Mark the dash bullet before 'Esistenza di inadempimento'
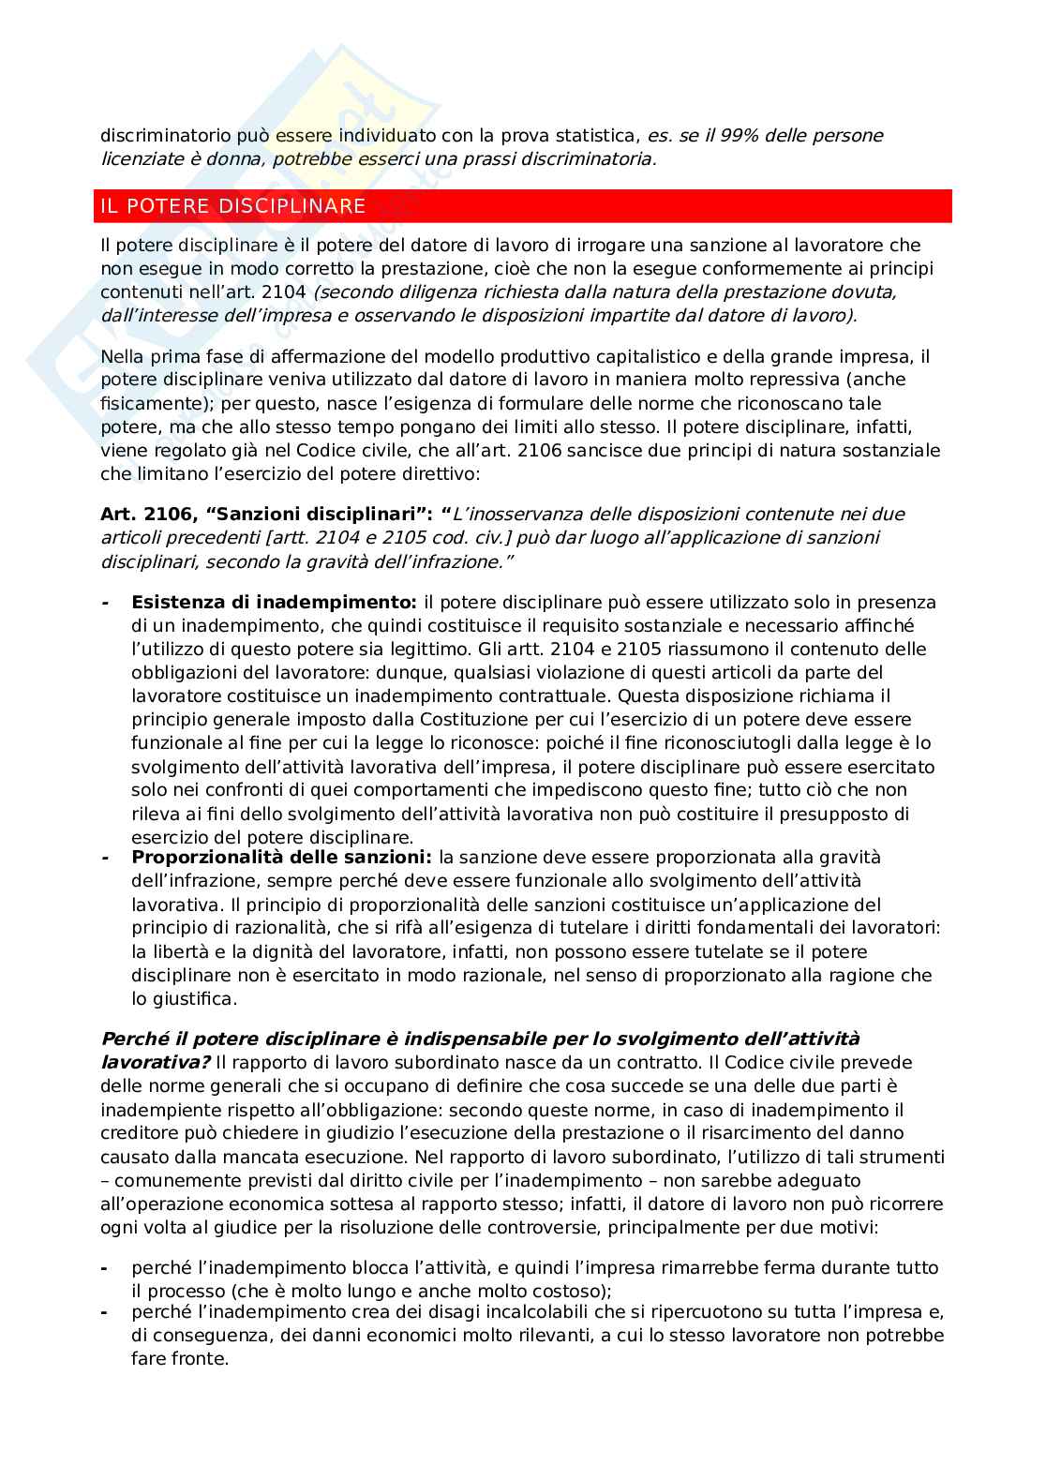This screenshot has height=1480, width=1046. (105, 602)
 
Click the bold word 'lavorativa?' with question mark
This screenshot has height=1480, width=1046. (156, 1062)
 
